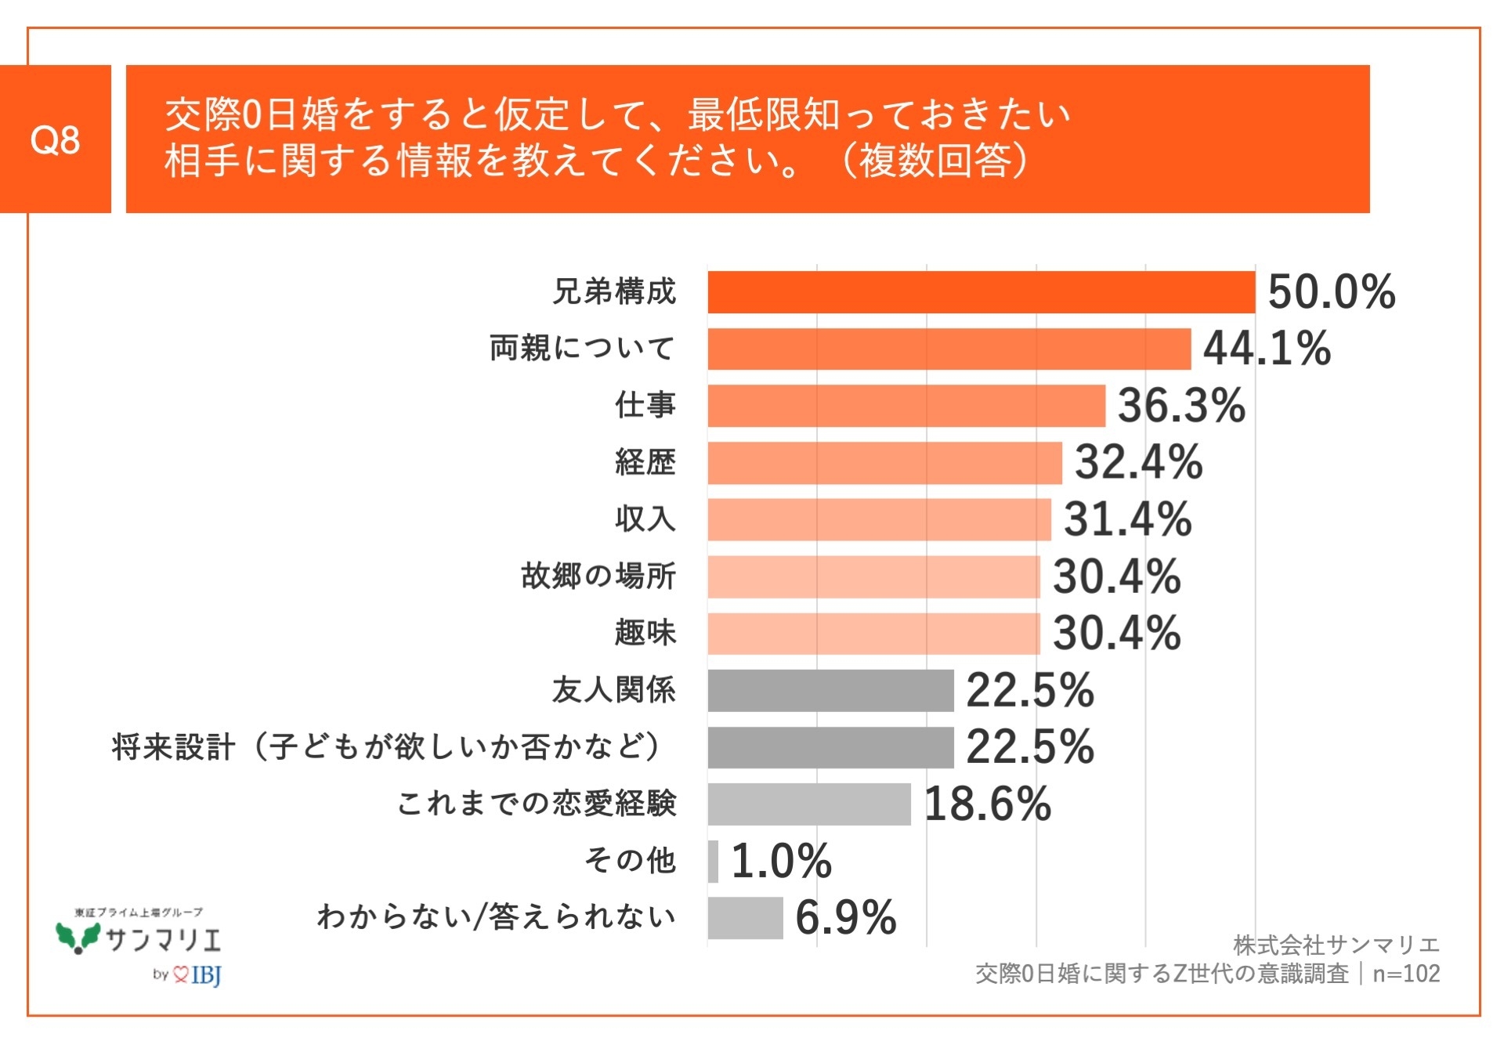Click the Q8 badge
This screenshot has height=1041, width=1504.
[x=55, y=139]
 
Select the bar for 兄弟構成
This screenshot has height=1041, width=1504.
[x=981, y=292]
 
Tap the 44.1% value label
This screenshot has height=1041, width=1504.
[x=1266, y=349]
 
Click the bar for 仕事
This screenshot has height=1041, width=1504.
[x=906, y=406]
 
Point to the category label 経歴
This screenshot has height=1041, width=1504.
[x=645, y=462]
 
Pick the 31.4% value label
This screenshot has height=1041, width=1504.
[x=1126, y=519]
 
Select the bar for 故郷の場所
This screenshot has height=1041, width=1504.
[x=873, y=577]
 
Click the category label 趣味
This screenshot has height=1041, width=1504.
[x=645, y=633]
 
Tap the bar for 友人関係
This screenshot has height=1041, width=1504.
[x=830, y=690]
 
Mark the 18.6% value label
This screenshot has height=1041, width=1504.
[x=987, y=804]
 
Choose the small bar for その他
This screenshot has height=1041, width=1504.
[x=713, y=861]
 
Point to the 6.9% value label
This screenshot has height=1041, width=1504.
[x=845, y=917]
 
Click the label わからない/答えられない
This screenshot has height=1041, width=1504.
[x=496, y=916]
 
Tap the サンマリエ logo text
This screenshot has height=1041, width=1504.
[x=163, y=938]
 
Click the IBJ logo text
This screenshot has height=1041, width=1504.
[x=206, y=974]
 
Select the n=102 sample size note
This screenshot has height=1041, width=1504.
[x=1406, y=974]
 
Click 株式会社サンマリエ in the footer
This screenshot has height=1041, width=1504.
[x=1336, y=945]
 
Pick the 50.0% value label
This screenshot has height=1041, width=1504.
[x=1331, y=292]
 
